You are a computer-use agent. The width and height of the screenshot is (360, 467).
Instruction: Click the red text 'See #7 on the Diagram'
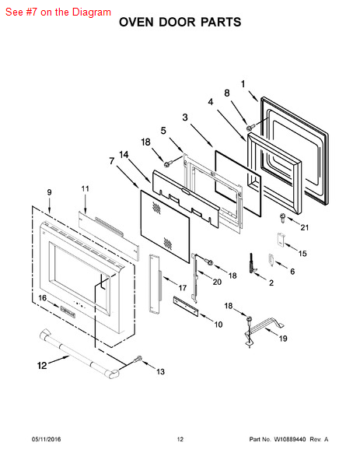click(x=58, y=12)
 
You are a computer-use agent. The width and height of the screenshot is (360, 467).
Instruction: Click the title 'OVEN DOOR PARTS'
click(x=180, y=23)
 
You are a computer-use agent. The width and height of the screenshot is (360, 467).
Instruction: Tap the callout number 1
click(x=243, y=84)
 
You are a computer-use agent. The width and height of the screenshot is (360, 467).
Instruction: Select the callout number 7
click(x=111, y=161)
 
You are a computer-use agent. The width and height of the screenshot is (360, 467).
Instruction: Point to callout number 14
click(x=124, y=155)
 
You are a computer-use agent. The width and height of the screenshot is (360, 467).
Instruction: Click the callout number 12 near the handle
click(x=42, y=365)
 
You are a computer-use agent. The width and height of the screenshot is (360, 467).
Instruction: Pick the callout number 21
click(x=304, y=227)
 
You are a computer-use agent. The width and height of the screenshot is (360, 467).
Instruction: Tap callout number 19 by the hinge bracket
click(x=283, y=339)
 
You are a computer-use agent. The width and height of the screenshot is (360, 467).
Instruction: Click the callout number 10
click(x=218, y=325)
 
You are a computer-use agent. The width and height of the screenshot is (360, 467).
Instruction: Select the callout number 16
click(x=43, y=298)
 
